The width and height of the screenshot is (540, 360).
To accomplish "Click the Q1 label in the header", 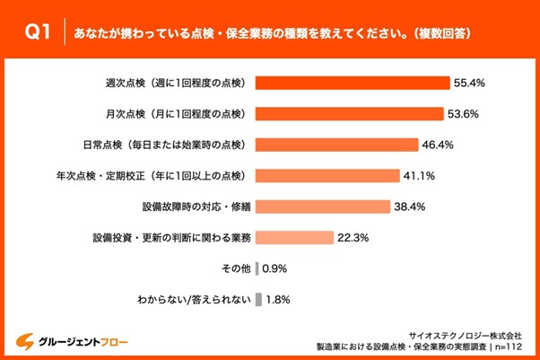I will [x=37, y=33].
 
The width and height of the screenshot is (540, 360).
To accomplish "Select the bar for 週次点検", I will [x=353, y=83].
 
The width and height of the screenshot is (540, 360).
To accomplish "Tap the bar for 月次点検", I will [x=349, y=114].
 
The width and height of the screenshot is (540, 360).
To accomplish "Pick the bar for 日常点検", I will [x=336, y=145].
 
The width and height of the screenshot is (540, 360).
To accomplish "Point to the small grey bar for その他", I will [x=257, y=268].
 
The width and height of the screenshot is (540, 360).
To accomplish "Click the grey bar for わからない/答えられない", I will [x=258, y=300].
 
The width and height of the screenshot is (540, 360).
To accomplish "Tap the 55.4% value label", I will [x=470, y=83].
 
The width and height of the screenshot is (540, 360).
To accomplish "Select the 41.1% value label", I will [x=421, y=176].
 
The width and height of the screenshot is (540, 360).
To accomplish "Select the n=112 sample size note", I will [x=505, y=346].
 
